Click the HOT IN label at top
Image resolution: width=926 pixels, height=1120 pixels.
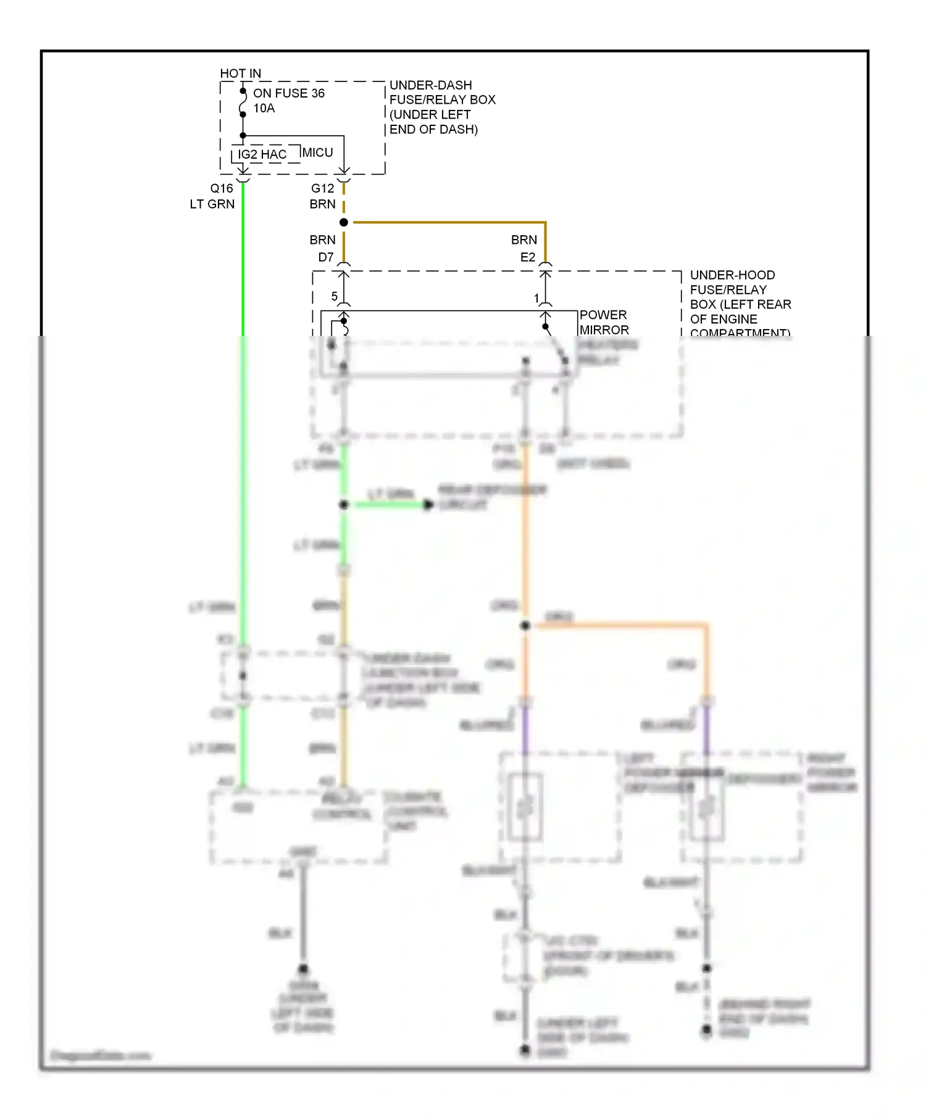point(240,73)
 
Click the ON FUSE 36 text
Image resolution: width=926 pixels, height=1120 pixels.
point(288,93)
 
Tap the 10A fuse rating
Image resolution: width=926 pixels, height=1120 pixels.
point(264,108)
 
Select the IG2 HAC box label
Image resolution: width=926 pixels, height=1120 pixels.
point(262,154)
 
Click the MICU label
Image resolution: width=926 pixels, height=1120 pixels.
point(317,153)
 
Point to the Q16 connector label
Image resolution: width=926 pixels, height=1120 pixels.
point(222,188)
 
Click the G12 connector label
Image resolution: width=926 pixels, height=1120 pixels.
point(322,188)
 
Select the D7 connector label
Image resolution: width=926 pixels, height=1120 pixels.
point(326,257)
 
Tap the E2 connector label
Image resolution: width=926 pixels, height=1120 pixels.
point(528,257)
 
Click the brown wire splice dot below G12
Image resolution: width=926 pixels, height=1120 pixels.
point(344,222)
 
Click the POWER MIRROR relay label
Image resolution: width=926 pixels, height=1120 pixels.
point(603,322)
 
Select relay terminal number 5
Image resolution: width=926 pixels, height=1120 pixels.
point(334,296)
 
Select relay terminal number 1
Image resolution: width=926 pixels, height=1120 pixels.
point(536,298)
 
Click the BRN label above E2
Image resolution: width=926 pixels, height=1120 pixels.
point(523,240)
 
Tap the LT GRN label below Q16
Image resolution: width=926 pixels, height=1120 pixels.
point(212,204)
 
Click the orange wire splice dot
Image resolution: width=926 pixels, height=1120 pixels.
point(525,625)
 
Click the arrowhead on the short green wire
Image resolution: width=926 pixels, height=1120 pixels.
point(428,505)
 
